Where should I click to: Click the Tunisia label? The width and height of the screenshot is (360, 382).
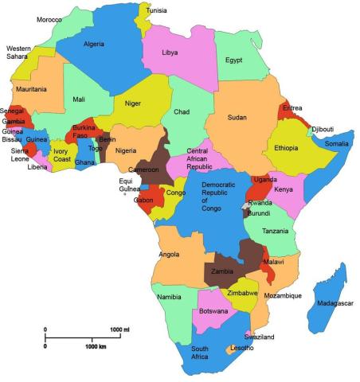point(156,10)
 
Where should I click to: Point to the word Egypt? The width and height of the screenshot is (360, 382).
point(233,60)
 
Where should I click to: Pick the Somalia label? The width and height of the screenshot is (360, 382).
point(336,144)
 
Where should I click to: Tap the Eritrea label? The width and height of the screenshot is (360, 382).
point(293,108)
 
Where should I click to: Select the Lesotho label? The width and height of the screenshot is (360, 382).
point(241,349)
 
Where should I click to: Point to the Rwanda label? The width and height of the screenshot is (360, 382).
point(260,204)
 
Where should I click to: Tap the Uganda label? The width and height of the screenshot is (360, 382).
point(264,180)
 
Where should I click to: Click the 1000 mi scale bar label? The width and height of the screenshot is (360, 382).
point(119,329)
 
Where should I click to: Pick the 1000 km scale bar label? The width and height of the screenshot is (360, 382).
point(96,347)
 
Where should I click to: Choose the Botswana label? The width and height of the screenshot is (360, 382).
point(213,310)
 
